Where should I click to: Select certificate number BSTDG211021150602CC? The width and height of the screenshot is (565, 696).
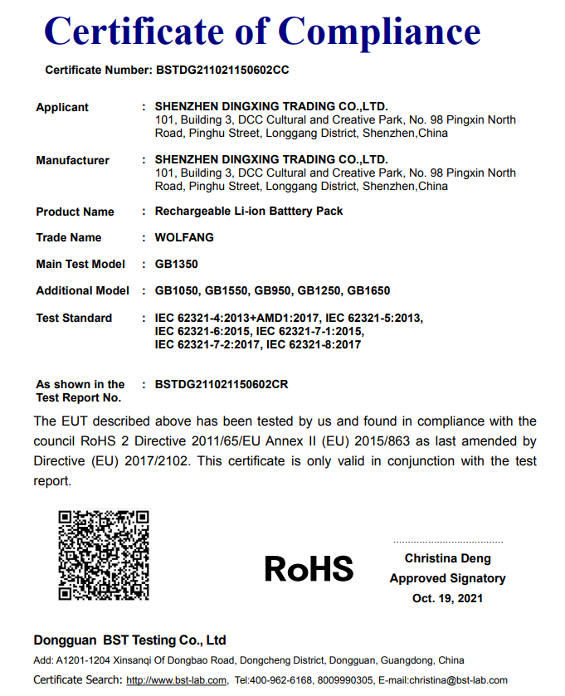click(x=222, y=71)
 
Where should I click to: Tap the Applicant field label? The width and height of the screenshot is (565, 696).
click(x=62, y=108)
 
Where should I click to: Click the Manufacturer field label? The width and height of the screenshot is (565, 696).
click(x=73, y=161)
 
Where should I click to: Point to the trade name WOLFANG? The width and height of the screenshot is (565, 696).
click(x=184, y=238)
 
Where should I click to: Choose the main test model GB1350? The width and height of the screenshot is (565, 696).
click(x=176, y=265)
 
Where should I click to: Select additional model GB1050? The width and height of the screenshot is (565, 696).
click(x=177, y=291)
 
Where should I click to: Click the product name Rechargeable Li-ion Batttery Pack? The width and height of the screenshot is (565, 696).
click(x=249, y=212)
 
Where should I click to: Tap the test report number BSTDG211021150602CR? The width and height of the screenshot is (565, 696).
click(x=222, y=385)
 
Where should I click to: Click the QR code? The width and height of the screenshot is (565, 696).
click(x=104, y=554)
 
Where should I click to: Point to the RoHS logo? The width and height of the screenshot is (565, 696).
click(x=309, y=568)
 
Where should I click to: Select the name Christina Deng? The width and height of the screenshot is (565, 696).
click(x=447, y=559)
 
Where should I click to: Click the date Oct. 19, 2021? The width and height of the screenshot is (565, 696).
click(x=447, y=598)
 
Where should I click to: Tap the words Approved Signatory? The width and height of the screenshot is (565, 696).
click(x=447, y=578)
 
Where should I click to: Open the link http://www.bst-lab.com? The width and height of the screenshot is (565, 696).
click(x=176, y=681)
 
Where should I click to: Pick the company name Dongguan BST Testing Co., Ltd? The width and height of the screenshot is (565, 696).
click(x=130, y=640)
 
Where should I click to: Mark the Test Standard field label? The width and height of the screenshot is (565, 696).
click(x=74, y=319)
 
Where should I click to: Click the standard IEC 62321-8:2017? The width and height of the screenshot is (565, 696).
click(x=313, y=344)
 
